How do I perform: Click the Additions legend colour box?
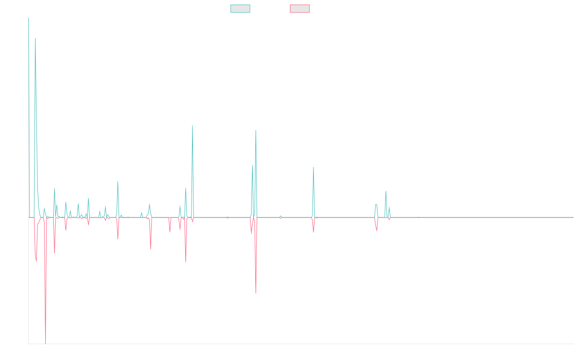coord(240,9)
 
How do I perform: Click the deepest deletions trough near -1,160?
coord(46,343)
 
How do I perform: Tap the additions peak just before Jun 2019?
coord(192,126)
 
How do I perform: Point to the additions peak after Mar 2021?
coord(313,167)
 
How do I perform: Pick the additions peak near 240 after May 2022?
coord(385,192)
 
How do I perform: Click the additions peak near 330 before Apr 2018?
coord(118,181)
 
